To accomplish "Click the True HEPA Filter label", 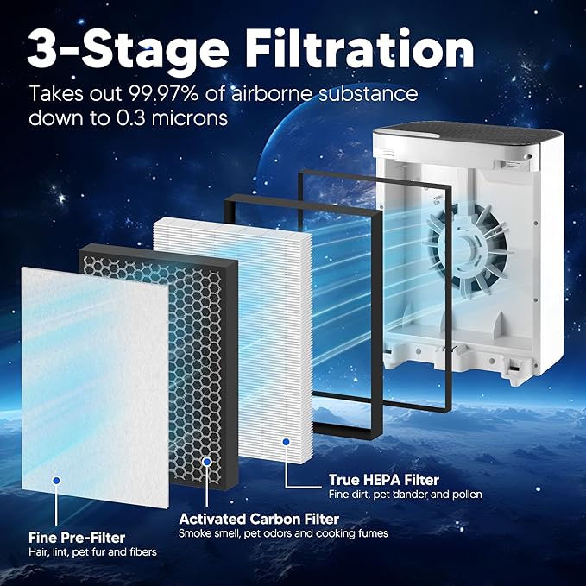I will point(383,479).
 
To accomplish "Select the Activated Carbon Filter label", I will point(258,519).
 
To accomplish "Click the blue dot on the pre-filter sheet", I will point(57,478).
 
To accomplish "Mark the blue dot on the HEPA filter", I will point(286,442).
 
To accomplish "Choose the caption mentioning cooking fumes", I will point(283,533).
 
